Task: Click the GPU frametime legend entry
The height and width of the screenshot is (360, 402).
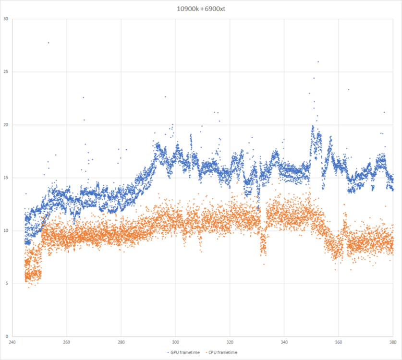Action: click(x=183, y=352)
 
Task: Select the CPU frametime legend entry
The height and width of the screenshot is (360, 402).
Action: click(x=222, y=352)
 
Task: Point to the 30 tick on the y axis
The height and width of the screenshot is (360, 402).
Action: click(x=6, y=19)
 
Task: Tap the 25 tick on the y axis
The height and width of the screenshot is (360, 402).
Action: click(x=6, y=72)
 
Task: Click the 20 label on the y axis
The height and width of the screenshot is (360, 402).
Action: click(x=6, y=125)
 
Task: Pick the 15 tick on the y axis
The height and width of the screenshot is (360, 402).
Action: click(x=6, y=178)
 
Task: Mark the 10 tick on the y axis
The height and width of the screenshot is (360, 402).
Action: click(x=6, y=231)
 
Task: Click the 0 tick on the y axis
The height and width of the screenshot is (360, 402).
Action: click(x=7, y=336)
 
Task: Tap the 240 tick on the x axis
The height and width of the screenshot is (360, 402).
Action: click(x=12, y=342)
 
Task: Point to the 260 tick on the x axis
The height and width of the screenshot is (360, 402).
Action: click(x=66, y=342)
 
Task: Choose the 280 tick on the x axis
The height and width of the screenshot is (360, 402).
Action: click(x=121, y=342)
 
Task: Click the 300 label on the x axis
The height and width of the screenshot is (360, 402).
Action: click(x=175, y=342)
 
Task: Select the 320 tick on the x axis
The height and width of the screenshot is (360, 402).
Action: click(x=230, y=342)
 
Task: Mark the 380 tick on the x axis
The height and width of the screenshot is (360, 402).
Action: click(x=393, y=342)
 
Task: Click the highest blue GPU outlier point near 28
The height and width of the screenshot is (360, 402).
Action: click(x=48, y=43)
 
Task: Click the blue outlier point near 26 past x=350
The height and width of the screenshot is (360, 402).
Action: click(x=318, y=61)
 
